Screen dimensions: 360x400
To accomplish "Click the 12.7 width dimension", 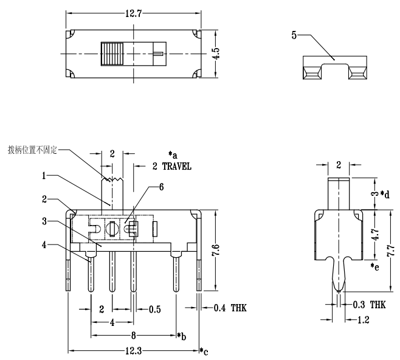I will pos(133,14).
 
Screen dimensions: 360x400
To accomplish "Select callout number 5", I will pos(294,36).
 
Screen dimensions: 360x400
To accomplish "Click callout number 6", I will pos(160,187).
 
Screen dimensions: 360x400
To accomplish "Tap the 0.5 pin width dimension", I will pos(155,309).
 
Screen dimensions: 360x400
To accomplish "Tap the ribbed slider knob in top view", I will pos(111,54).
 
